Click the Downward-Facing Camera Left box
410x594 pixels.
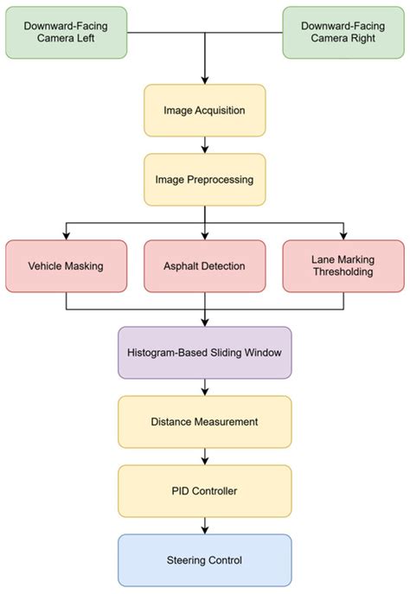pyautogui.click(x=65, y=33)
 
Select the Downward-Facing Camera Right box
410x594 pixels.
pyautogui.click(x=343, y=33)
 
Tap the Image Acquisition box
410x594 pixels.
pyautogui.click(x=204, y=111)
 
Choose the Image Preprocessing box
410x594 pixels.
pyautogui.click(x=204, y=180)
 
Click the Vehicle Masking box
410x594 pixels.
pyautogui.click(x=66, y=265)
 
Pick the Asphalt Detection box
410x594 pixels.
pyautogui.click(x=204, y=265)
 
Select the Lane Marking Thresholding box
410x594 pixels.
pyautogui.click(x=343, y=265)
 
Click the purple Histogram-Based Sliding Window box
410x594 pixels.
pyautogui.click(x=204, y=353)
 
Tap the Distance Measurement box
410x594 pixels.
pyautogui.click(x=204, y=422)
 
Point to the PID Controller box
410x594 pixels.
pyautogui.click(x=204, y=491)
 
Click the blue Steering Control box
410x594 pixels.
pyautogui.click(x=204, y=560)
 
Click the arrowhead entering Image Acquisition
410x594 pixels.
pyautogui.click(x=204, y=80)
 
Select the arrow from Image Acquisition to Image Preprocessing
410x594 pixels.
pyautogui.click(x=204, y=145)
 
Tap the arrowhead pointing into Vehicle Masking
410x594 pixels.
pyautogui.click(x=66, y=235)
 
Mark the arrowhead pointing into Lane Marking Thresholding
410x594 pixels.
pyautogui.click(x=343, y=235)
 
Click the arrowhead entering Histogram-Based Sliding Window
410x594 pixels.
pyautogui.click(x=204, y=322)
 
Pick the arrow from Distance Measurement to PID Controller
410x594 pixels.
pyautogui.click(x=204, y=457)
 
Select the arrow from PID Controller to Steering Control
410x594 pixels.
pyautogui.click(x=204, y=526)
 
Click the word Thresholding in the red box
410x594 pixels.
pyautogui.click(x=343, y=273)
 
